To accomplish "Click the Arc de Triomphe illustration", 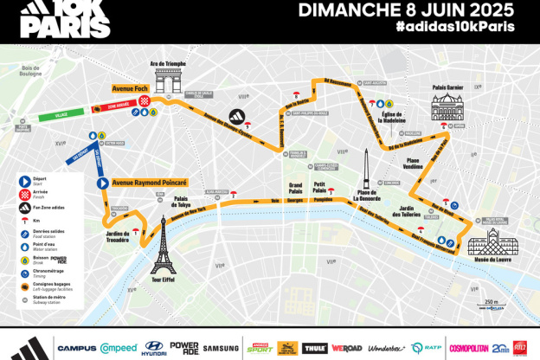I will [x=170, y=80].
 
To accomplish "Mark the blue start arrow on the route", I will [x=101, y=183].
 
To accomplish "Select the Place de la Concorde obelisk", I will [x=367, y=167].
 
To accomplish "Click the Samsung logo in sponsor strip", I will [x=221, y=348].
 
